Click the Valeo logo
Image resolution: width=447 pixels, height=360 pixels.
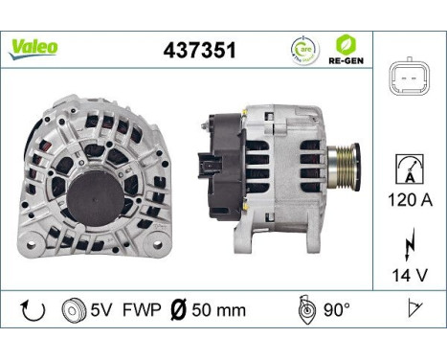tap(34, 47)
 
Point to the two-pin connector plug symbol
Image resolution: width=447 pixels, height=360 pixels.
tap(409, 80)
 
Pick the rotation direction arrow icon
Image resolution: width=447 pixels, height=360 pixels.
tap(30, 309)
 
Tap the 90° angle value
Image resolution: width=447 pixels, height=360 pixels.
tap(336, 309)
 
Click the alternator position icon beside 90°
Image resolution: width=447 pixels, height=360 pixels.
tap(304, 309)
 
